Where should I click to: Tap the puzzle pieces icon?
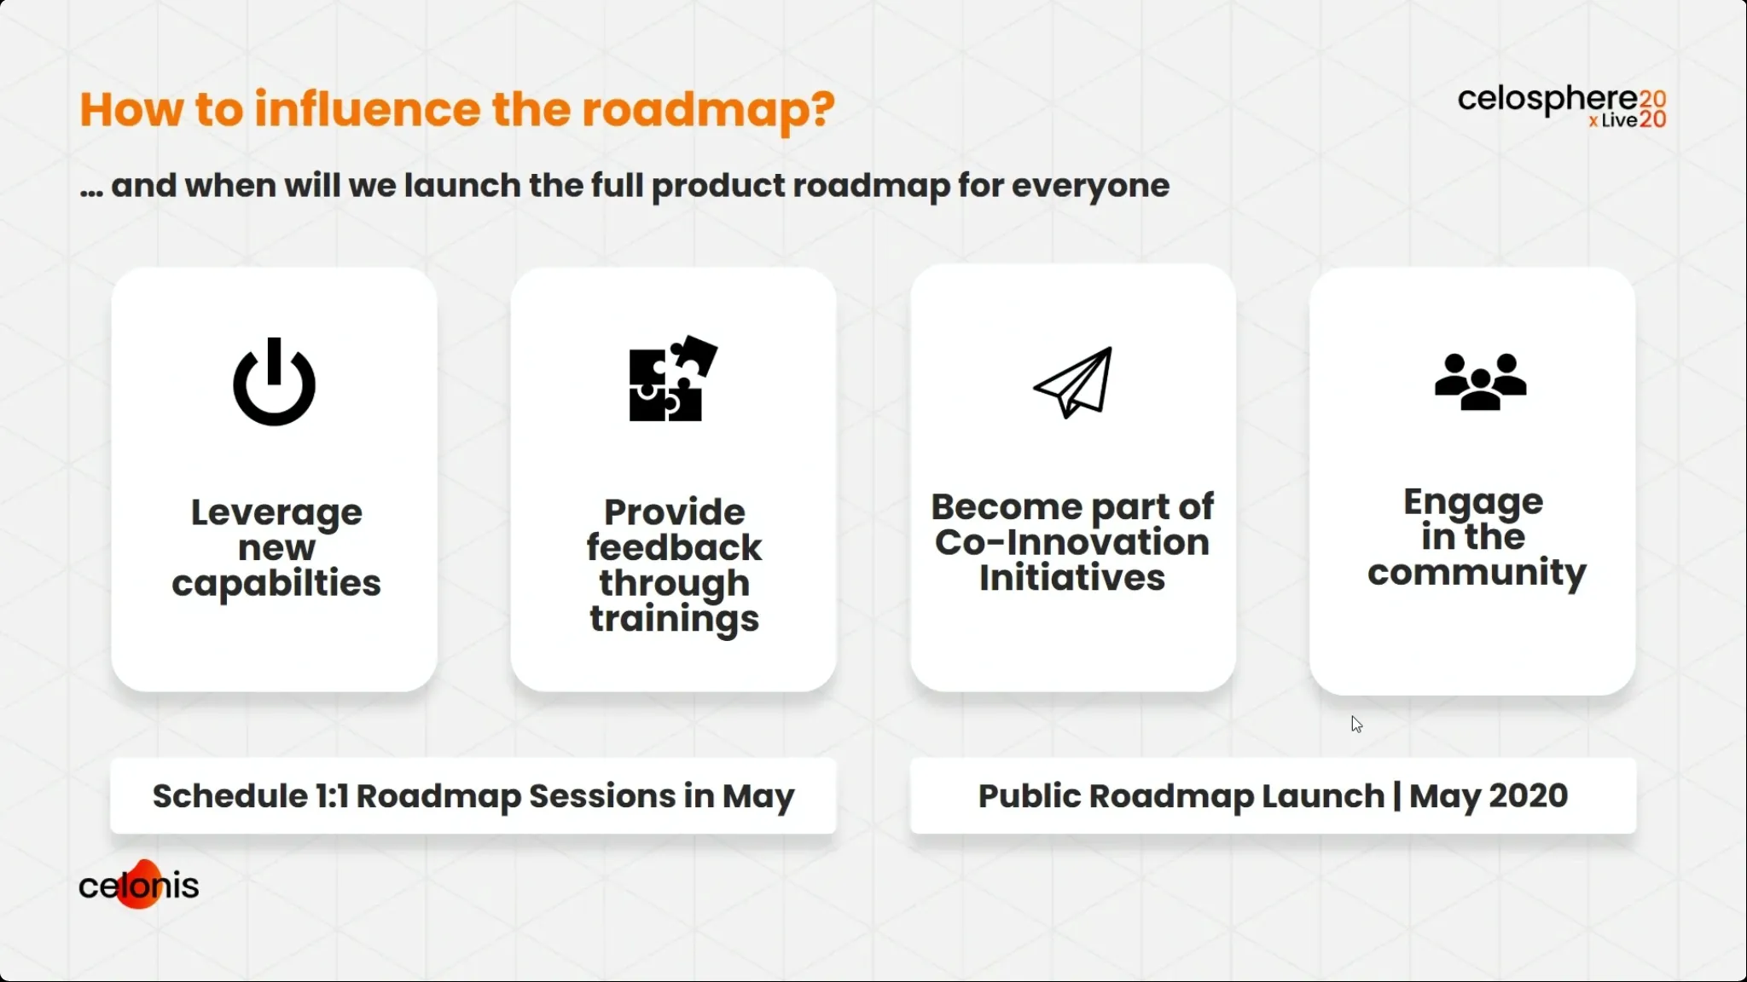(673, 378)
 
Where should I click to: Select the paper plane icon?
(1073, 382)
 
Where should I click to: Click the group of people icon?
(1480, 381)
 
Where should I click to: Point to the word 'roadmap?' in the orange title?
(709, 111)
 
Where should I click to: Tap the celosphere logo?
(1562, 107)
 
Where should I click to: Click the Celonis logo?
(138, 884)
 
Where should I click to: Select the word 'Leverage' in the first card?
(276, 513)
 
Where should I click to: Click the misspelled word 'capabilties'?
(276, 584)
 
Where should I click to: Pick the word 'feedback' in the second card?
(674, 547)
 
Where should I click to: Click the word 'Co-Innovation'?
(1072, 542)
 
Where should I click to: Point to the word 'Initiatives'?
(1072, 578)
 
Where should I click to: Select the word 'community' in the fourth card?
(1477, 573)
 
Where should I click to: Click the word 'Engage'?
(1473, 503)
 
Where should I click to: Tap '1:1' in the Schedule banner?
(332, 795)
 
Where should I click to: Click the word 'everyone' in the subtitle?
(1090, 187)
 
